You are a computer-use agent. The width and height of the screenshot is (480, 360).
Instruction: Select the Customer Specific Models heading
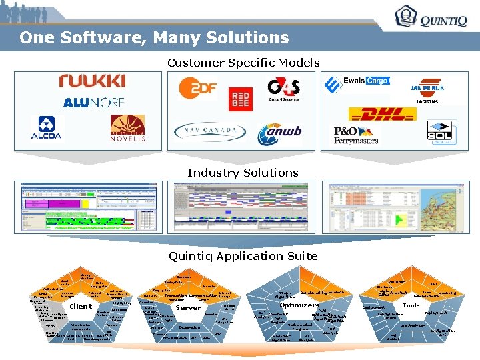[x=243, y=63]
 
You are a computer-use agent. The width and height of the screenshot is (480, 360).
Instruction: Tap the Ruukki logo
[x=91, y=81]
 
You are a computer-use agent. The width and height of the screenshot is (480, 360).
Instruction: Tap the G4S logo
[x=283, y=89]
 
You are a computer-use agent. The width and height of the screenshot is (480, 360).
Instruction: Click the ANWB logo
[x=281, y=133]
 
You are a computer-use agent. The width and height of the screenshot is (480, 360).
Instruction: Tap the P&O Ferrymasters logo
[x=356, y=135]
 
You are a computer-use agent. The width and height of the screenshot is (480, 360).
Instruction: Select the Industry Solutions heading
[x=243, y=173]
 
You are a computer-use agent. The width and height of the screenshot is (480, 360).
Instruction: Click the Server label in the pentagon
[x=188, y=307]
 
